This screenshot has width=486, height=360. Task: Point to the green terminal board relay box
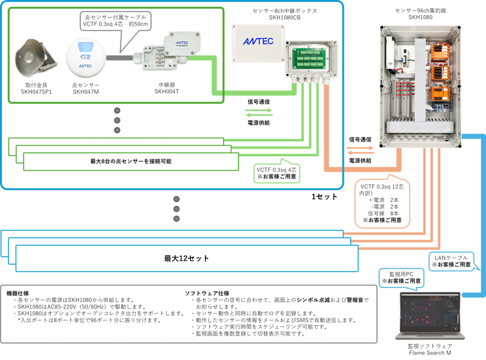click(x=311, y=59)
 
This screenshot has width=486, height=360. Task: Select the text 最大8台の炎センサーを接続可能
click(x=131, y=161)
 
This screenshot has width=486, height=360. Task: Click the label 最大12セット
click(x=187, y=258)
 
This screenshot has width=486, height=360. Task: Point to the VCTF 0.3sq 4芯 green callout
click(x=277, y=173)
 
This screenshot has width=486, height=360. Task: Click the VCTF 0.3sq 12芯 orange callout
click(x=382, y=203)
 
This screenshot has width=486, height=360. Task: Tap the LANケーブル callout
click(x=451, y=261)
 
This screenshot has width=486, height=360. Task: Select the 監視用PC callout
click(x=401, y=277)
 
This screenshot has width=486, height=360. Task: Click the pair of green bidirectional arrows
click(x=259, y=112)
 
